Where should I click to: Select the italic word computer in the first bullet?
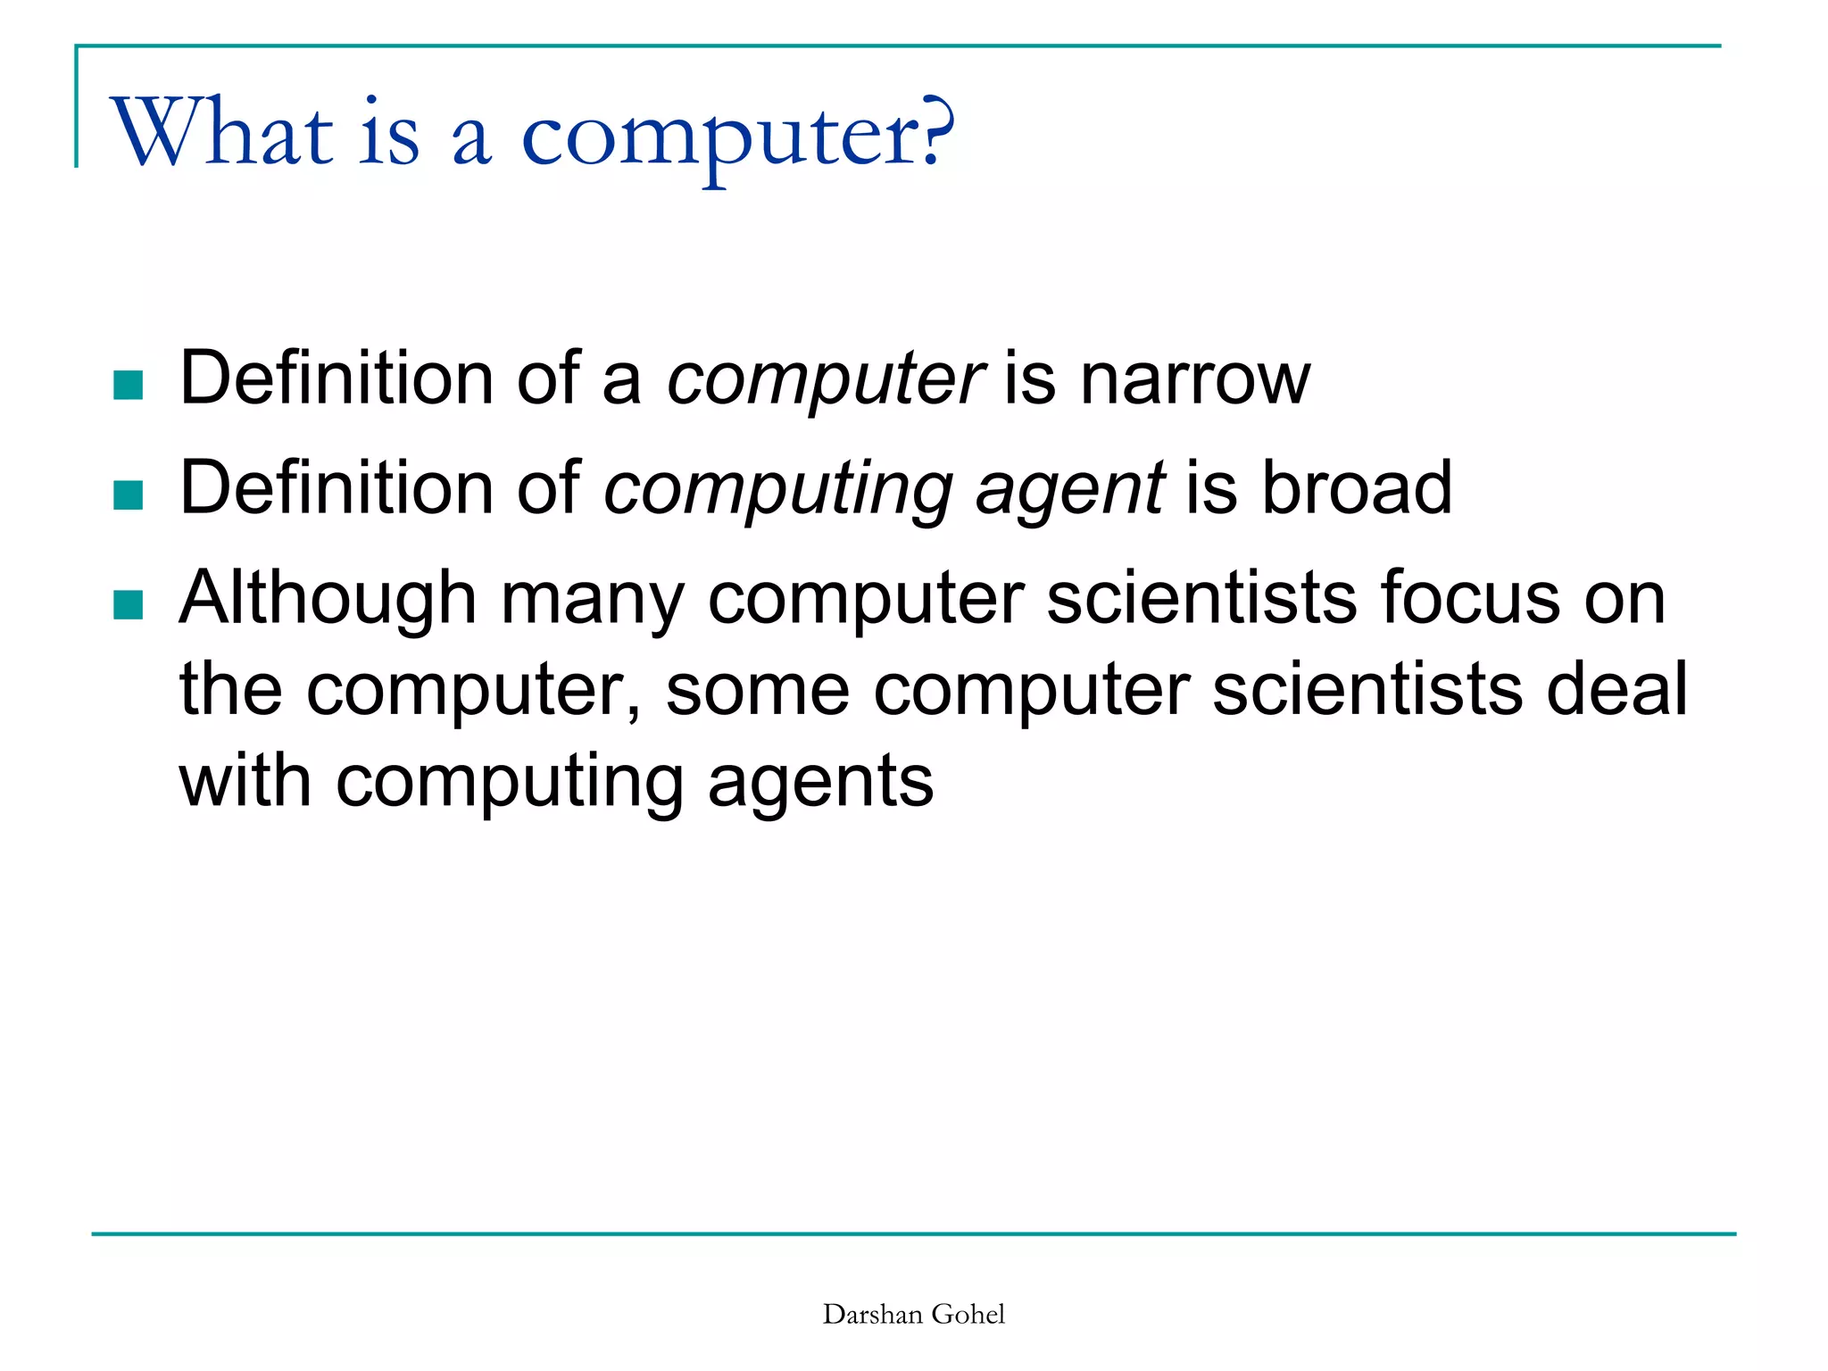click(826, 379)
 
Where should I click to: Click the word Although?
click(328, 600)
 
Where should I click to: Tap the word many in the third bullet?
click(593, 600)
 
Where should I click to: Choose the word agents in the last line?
click(820, 784)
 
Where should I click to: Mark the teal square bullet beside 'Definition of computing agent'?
click(129, 494)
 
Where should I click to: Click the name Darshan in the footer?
click(873, 1314)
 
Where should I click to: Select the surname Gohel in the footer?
click(968, 1314)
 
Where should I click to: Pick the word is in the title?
click(389, 134)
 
